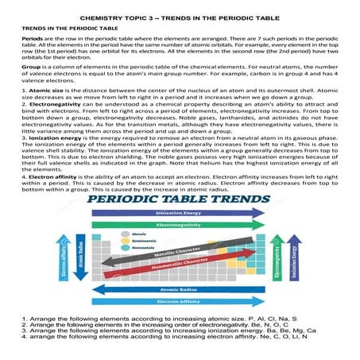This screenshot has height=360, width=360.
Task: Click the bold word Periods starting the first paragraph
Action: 32,37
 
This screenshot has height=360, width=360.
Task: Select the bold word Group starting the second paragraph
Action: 30,68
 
